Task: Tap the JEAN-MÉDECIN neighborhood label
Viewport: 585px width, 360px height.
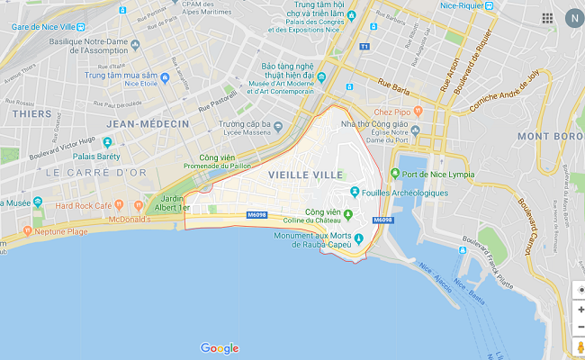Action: tap(148, 123)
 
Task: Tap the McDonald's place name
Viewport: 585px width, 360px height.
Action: tap(116, 218)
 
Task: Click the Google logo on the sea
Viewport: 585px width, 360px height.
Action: tap(220, 348)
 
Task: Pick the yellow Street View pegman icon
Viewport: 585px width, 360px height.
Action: tap(580, 347)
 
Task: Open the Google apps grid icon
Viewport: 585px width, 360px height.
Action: tap(547, 18)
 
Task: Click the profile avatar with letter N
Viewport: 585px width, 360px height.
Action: tap(572, 18)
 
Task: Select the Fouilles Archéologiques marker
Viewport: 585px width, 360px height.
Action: tap(356, 192)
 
